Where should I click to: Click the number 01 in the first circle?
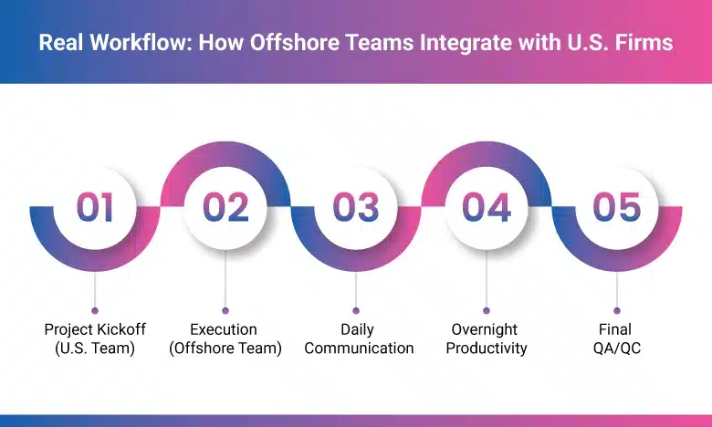tap(95, 207)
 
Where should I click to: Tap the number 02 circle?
tap(225, 207)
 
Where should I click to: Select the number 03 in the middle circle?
tap(356, 207)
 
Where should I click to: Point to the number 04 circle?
tap(486, 207)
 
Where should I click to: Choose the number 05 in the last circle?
tap(617, 207)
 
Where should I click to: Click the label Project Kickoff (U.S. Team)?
tap(95, 338)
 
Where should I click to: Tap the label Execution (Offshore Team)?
tap(225, 338)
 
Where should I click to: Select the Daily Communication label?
tap(356, 338)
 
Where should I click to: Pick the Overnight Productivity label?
tap(485, 338)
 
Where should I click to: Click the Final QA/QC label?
tap(617, 338)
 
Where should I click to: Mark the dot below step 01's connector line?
tap(95, 310)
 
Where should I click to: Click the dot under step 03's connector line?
tap(356, 310)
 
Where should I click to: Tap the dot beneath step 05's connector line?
tap(617, 310)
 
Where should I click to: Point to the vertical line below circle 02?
tap(225, 278)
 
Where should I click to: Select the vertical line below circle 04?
tap(486, 278)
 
